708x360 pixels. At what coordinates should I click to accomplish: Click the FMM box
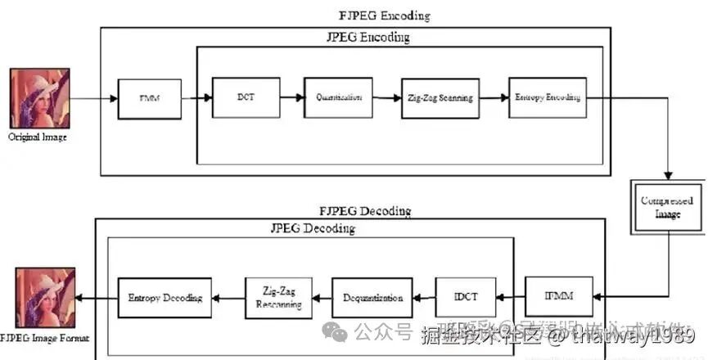(149, 99)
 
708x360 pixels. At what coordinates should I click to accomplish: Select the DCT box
(245, 97)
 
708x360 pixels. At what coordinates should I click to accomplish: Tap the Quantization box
(339, 97)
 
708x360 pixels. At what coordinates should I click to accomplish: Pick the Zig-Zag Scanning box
(440, 98)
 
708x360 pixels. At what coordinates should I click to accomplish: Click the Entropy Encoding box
(548, 97)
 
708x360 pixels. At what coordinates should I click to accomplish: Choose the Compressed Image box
(667, 206)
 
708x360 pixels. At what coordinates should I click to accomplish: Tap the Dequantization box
(372, 298)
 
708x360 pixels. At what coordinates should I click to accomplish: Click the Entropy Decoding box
(165, 298)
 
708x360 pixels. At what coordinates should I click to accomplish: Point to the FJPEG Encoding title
(385, 16)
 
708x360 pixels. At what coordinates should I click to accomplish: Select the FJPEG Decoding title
(364, 210)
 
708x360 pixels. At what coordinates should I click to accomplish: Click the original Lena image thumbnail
(38, 98)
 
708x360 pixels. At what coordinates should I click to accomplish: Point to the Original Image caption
(38, 137)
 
